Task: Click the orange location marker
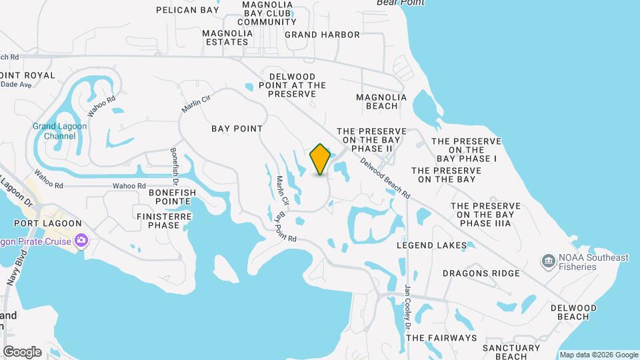coord(320,159)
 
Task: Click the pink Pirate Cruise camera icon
coord(81,240)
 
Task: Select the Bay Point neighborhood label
coord(237,128)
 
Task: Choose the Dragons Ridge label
coord(481,273)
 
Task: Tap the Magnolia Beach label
coord(381,101)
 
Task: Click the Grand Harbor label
coord(322,35)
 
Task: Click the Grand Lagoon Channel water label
coord(55,131)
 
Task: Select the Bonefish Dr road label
coord(174,166)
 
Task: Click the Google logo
coord(22,352)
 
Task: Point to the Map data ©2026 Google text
coord(599,355)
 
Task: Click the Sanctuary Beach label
coord(511,352)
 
